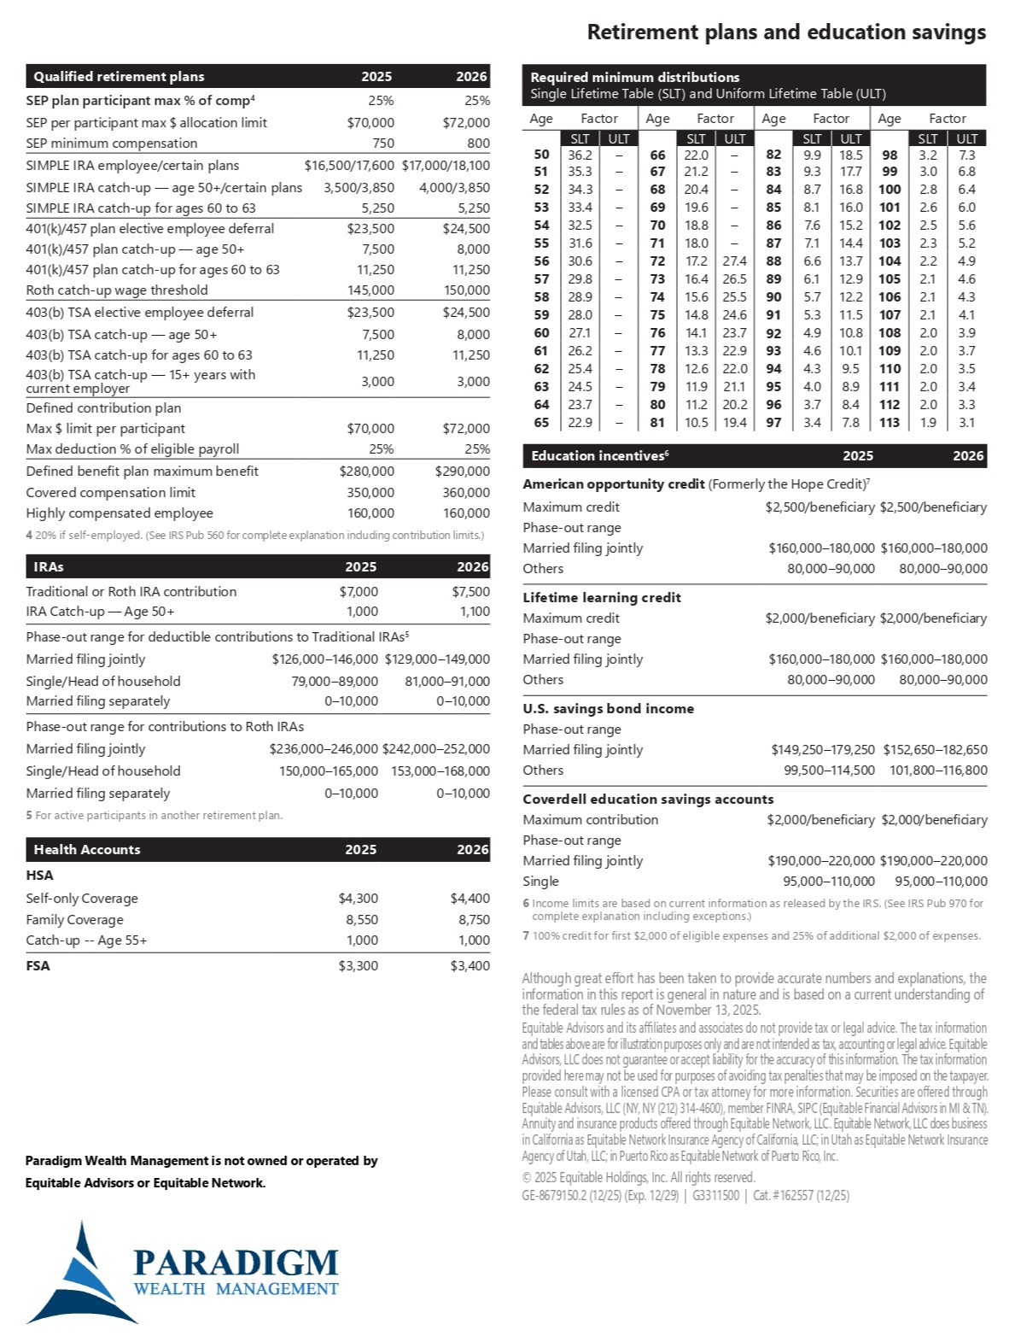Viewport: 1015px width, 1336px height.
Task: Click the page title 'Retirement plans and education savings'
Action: pyautogui.click(x=785, y=32)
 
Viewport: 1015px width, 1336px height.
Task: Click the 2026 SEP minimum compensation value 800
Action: pyautogui.click(x=478, y=144)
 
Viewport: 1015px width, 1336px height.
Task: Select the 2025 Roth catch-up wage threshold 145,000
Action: pyautogui.click(x=370, y=290)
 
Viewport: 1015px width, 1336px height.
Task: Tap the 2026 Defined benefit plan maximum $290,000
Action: pyautogui.click(x=462, y=472)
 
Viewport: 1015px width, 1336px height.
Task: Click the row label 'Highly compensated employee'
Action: pyautogui.click(x=120, y=513)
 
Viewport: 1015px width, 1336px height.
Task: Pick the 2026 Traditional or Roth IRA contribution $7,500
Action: pyautogui.click(x=470, y=591)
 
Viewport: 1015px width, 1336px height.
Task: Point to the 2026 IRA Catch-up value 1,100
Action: pyautogui.click(x=475, y=612)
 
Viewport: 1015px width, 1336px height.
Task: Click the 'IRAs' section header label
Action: pyautogui.click(x=49, y=566)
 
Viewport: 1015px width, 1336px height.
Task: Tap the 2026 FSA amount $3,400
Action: pyautogui.click(x=470, y=966)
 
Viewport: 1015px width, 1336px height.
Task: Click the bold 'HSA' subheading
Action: pyautogui.click(x=39, y=876)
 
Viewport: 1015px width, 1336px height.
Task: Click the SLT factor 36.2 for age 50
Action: pyautogui.click(x=580, y=155)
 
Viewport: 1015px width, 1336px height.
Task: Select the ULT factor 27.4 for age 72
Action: pyautogui.click(x=734, y=261)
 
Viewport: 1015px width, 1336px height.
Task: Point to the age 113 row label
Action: pyautogui.click(x=889, y=423)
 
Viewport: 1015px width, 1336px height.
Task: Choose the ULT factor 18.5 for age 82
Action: pyautogui.click(x=850, y=155)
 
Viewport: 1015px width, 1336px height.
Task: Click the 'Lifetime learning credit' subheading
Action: pyautogui.click(x=602, y=598)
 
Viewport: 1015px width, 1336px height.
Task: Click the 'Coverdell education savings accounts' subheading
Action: pyautogui.click(x=648, y=800)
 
